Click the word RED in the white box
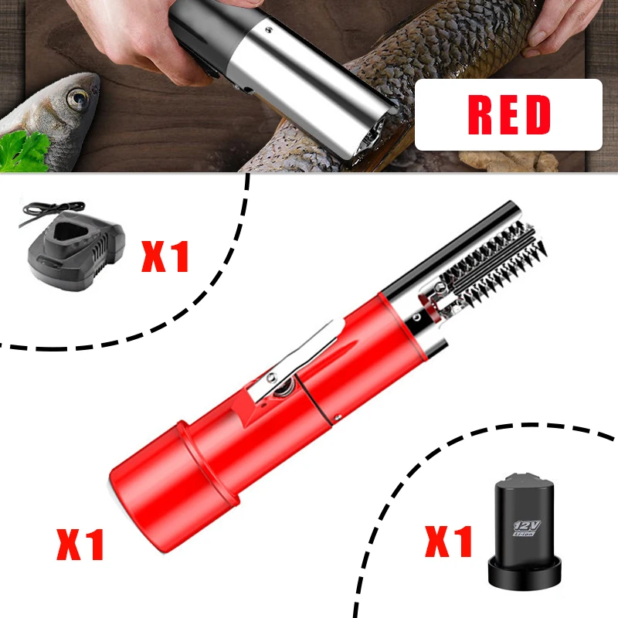tap(509, 115)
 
